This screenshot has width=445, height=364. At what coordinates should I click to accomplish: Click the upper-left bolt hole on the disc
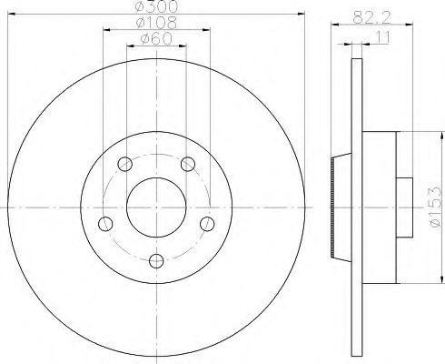(x=124, y=165)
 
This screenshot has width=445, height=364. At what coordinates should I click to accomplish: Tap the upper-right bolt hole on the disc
(x=188, y=165)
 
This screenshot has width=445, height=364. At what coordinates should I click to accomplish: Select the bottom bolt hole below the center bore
(x=156, y=262)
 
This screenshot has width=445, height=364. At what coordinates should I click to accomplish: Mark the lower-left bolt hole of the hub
(x=105, y=225)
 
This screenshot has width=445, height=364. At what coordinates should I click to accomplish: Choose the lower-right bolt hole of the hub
(x=207, y=225)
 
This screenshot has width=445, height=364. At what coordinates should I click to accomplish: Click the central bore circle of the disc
(x=156, y=207)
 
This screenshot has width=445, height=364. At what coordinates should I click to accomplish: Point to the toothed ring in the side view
(x=334, y=207)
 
